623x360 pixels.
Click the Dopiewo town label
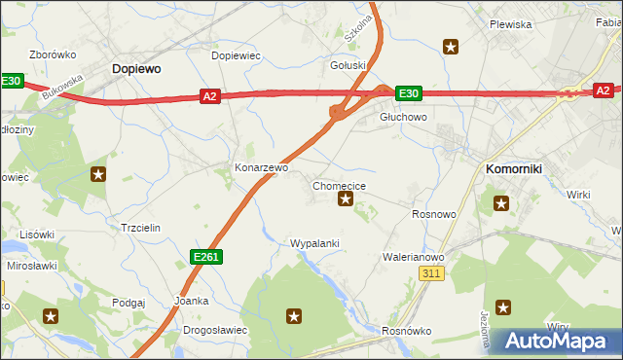(x=136, y=69)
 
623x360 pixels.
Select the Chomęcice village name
(x=340, y=185)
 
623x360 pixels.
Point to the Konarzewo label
(x=262, y=167)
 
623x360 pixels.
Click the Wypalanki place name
(x=314, y=242)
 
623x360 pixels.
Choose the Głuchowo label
(x=403, y=117)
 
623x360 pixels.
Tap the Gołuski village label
(x=348, y=66)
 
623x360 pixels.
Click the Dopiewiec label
(x=237, y=55)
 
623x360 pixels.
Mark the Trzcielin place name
(x=140, y=227)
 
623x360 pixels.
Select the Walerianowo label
(x=414, y=257)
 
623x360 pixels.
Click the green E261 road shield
(x=205, y=256)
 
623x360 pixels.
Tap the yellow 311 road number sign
(x=434, y=274)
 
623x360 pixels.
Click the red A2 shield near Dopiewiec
(x=210, y=95)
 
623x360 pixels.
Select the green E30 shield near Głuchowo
(x=408, y=93)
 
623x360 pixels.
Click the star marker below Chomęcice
(x=345, y=199)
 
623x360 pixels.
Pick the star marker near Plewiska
(x=451, y=46)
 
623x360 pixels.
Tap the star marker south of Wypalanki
(x=294, y=315)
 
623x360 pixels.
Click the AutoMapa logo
(x=553, y=342)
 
